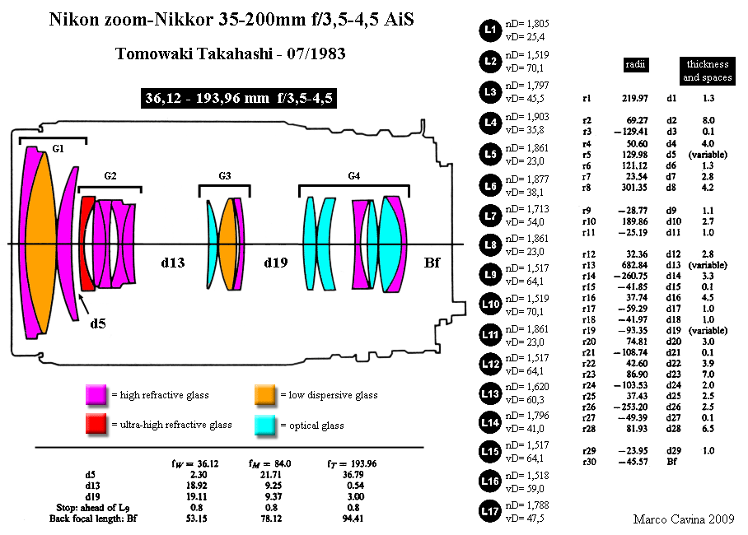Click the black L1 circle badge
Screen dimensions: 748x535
tap(490, 30)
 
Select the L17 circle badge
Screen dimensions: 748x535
tap(490, 511)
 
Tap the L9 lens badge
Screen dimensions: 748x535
tap(490, 275)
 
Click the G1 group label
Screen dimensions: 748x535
tap(58, 149)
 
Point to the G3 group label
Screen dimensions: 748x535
tap(225, 176)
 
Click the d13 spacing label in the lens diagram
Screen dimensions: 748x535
tap(173, 263)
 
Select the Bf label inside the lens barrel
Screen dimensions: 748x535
tap(432, 263)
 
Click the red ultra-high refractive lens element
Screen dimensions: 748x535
tap(88, 243)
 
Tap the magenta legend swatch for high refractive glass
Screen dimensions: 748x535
tap(96, 395)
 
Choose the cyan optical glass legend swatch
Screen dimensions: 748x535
tap(264, 425)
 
